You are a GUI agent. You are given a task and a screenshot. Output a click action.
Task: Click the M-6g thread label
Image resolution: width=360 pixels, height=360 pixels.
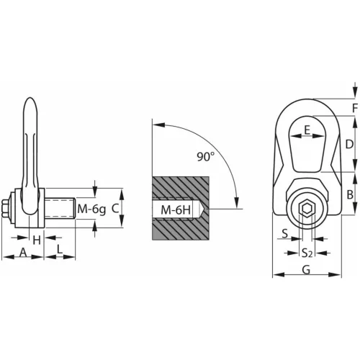click(x=91, y=210)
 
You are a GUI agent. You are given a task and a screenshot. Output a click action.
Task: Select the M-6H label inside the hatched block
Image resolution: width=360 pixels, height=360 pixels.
click(x=176, y=210)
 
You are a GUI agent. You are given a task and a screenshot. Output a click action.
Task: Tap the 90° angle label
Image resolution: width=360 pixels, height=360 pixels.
click(x=205, y=156)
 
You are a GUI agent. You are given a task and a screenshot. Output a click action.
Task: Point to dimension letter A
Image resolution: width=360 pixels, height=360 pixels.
click(x=23, y=253)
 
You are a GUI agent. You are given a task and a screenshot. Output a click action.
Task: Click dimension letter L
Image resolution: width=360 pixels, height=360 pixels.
click(x=60, y=249)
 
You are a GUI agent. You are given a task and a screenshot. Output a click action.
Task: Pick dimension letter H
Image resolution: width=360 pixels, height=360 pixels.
click(x=37, y=240)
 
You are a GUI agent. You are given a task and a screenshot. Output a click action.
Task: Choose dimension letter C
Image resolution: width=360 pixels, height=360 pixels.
click(x=115, y=209)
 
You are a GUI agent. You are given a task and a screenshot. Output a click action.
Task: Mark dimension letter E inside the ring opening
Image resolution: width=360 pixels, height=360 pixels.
click(x=307, y=130)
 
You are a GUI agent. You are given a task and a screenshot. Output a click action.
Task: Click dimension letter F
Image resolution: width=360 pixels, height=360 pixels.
click(x=355, y=108)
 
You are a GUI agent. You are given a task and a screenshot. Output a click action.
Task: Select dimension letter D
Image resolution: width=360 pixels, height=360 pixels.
click(x=349, y=145)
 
